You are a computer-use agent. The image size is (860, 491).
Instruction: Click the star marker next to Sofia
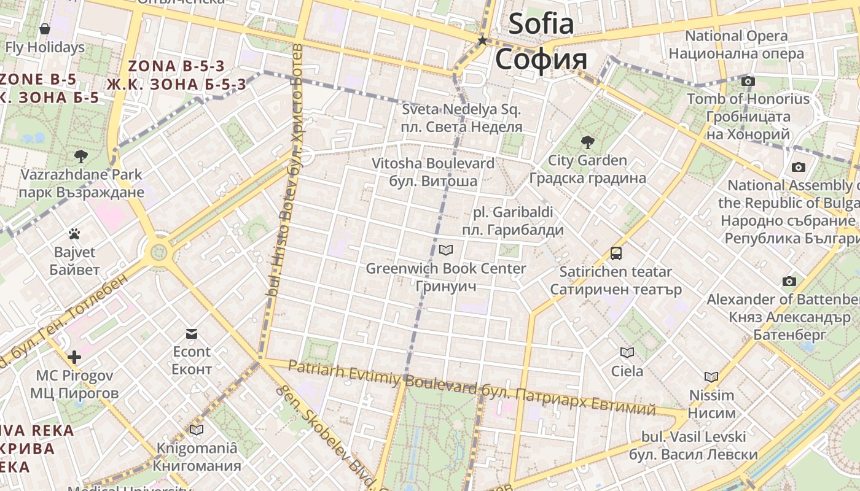[483, 41]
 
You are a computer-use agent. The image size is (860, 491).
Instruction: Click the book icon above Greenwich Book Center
[446, 250]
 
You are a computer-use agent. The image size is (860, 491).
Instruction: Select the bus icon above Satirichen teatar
[616, 253]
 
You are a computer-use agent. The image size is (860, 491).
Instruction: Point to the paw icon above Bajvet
[74, 234]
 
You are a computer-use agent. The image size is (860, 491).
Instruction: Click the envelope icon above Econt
[192, 334]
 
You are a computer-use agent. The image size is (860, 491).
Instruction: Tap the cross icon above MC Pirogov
[74, 357]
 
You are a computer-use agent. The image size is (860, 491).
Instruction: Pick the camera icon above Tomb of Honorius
[748, 81]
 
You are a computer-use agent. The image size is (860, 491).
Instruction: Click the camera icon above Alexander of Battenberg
[789, 282]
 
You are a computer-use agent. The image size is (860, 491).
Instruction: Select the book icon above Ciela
[627, 352]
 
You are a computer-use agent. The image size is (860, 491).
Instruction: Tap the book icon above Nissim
[711, 377]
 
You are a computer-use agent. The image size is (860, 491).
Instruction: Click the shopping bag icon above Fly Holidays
[45, 29]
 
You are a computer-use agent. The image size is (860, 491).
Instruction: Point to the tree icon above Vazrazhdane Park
[80, 157]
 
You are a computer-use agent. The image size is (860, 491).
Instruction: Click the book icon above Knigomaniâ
[197, 430]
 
